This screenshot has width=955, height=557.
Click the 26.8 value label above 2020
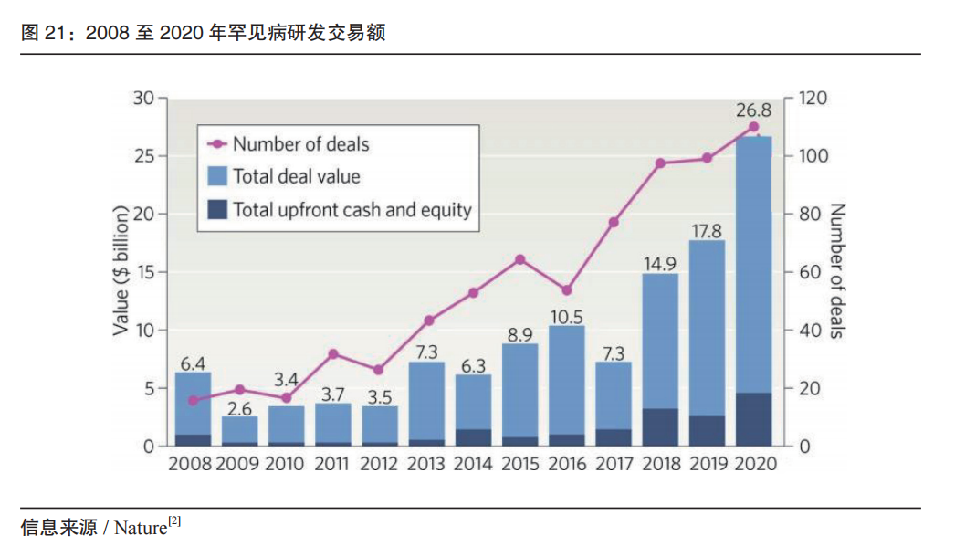tap(754, 110)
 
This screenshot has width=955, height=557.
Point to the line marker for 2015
tap(520, 259)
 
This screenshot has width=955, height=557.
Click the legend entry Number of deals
tap(300, 144)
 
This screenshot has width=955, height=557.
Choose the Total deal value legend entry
tap(296, 177)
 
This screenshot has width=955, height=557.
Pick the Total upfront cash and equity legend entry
tap(352, 210)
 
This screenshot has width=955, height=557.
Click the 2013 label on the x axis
tap(426, 464)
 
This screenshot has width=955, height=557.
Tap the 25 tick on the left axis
tap(144, 156)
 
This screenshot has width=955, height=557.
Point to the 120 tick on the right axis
tap(813, 98)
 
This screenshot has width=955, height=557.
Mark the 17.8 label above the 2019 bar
tap(707, 231)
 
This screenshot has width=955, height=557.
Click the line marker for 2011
tap(333, 354)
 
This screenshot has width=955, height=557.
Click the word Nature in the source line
tap(141, 528)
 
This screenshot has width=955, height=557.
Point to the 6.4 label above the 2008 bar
tap(192, 363)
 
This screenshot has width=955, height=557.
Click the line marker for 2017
tap(614, 223)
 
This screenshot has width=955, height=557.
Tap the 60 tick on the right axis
tap(809, 272)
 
